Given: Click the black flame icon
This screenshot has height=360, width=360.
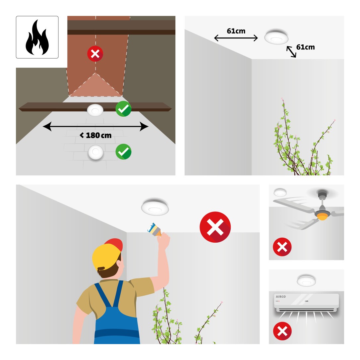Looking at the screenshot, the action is click(37, 37).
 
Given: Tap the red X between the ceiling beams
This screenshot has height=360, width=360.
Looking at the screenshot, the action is click(95, 54).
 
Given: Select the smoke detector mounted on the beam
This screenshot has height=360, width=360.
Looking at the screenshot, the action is click(95, 110).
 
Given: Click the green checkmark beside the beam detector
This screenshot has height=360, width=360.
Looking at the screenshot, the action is click(123, 109).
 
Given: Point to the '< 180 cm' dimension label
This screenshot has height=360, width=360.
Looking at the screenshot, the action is click(95, 135).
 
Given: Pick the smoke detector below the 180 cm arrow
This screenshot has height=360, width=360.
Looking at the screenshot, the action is click(96, 152).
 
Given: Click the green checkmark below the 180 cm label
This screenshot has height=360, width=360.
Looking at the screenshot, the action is click(123, 151).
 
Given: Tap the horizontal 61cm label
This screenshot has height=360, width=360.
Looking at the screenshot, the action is click(236, 31).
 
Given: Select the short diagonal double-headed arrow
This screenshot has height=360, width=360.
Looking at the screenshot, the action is click(291, 52).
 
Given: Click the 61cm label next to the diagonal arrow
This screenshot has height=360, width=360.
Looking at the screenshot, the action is click(305, 47).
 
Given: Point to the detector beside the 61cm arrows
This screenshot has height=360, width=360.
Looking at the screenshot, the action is click(276, 37).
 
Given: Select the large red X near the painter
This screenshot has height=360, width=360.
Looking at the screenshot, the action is click(215, 227).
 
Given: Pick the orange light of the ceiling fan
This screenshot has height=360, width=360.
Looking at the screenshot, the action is click(323, 217).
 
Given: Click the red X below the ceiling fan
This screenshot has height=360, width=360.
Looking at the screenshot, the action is click(282, 247).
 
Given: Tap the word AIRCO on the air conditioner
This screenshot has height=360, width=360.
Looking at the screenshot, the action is click(281, 297).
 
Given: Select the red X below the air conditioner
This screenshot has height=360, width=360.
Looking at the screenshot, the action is click(282, 331).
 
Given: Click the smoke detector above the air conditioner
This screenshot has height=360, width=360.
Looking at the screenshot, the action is click(306, 280).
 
